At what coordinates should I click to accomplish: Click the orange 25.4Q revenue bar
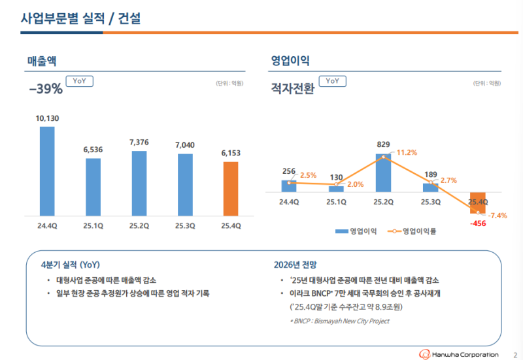[231, 189]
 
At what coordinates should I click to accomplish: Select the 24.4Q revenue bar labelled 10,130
[47, 171]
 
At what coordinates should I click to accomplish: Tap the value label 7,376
[139, 142]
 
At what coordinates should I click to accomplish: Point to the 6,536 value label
[93, 150]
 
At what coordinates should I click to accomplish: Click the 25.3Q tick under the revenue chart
[185, 226]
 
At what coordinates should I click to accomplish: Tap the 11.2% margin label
[407, 152]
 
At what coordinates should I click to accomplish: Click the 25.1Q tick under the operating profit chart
[336, 203]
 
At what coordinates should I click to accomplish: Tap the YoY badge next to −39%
[80, 81]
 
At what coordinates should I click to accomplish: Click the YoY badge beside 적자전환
[332, 81]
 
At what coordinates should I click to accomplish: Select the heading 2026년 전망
[295, 265]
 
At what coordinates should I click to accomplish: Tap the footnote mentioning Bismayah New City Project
[340, 321]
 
